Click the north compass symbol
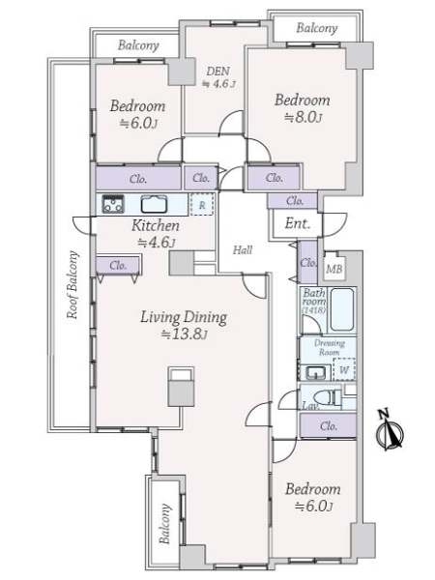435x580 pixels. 390,430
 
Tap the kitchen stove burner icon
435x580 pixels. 113,204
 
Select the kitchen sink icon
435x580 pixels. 155,204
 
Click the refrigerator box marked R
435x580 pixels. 202,205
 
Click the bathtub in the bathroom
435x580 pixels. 342,309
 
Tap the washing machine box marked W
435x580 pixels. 344,369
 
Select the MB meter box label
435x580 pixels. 334,269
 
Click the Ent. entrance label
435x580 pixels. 298,223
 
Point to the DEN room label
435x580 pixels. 217,71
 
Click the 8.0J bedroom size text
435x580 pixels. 303,118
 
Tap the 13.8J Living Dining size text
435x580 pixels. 184,334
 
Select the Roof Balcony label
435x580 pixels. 72,285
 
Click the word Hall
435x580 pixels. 243,250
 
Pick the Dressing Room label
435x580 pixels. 330,348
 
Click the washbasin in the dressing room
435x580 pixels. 315,372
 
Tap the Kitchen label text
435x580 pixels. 156,225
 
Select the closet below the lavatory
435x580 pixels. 328,425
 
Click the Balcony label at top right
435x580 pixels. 317,28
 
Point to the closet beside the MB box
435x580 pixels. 308,262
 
